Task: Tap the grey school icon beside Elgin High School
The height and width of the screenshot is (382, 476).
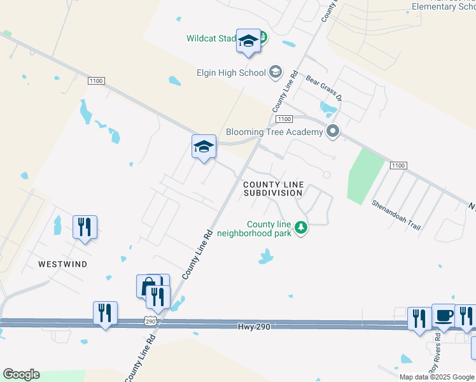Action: click(x=275, y=71)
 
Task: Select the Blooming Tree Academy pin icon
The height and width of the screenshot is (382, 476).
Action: click(x=332, y=132)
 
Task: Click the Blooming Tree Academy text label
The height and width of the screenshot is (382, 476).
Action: click(x=274, y=132)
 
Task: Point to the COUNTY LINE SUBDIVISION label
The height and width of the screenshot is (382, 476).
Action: click(x=273, y=188)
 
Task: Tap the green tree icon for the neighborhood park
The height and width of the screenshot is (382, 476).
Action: click(x=300, y=227)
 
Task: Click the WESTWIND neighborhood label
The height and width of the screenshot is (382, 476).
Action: click(x=62, y=264)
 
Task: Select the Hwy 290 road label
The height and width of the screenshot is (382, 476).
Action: click(x=254, y=326)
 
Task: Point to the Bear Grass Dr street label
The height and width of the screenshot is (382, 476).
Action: click(x=325, y=88)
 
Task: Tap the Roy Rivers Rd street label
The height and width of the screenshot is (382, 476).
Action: click(x=436, y=360)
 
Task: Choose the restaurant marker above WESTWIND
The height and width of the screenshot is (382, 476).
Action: click(x=85, y=227)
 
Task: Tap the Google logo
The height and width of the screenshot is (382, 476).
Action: click(x=20, y=374)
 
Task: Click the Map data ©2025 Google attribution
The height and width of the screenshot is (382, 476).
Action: click(x=437, y=377)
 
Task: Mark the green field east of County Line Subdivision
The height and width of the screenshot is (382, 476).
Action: click(x=366, y=175)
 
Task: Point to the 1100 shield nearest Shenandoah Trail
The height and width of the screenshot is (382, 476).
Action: click(x=397, y=166)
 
